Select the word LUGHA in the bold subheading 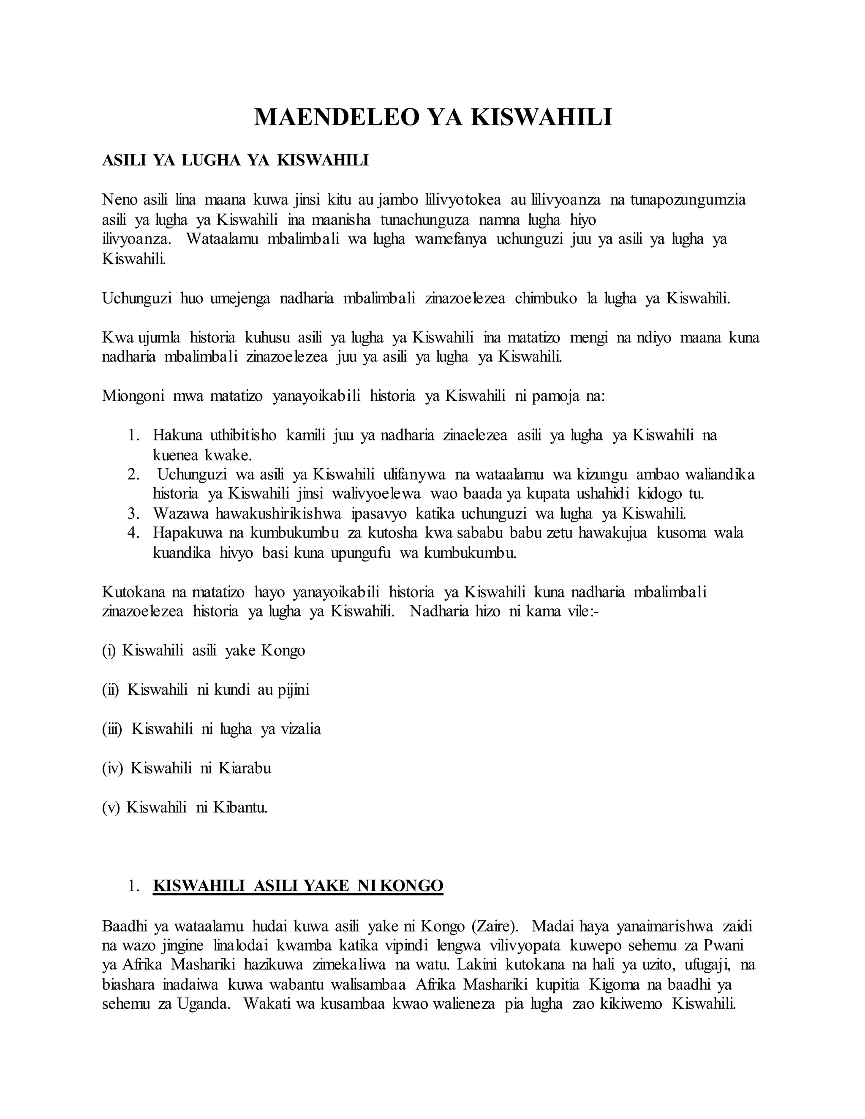[211, 160]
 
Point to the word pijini [294, 690]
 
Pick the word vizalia [301, 728]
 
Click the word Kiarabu [245, 768]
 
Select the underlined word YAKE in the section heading [319, 886]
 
